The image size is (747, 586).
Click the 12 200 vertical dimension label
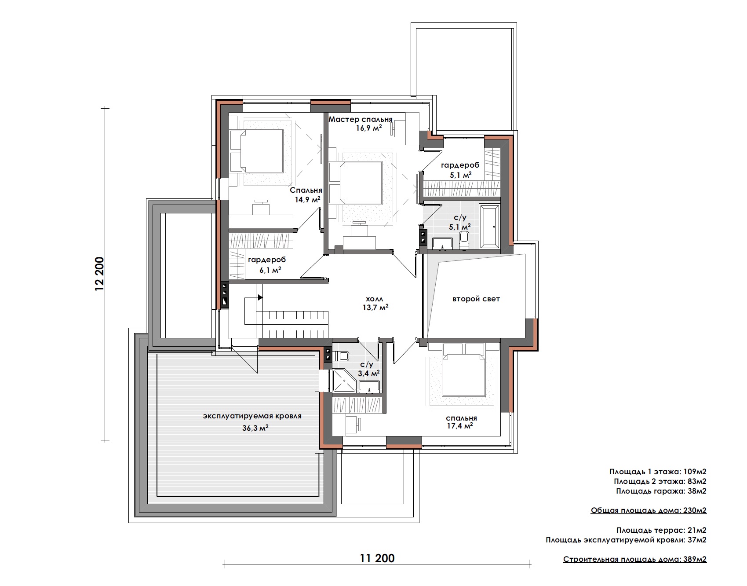pos(99,274)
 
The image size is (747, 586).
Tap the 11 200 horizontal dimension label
pos(377,558)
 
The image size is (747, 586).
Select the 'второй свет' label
pos(476,299)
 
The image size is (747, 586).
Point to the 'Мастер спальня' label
pos(361,119)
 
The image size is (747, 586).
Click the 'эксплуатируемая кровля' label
pos(252,416)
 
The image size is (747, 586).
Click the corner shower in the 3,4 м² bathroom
pos(344,380)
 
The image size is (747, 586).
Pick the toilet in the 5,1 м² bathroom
pos(464,240)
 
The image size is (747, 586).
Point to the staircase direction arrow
pos(260,297)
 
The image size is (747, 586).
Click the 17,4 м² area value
pos(459,426)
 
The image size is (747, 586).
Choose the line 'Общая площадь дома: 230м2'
pos(649,511)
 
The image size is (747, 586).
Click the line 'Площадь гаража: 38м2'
pos(661,491)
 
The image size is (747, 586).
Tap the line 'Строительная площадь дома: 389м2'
pos(635,560)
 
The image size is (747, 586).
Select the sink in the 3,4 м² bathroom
pos(369,387)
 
